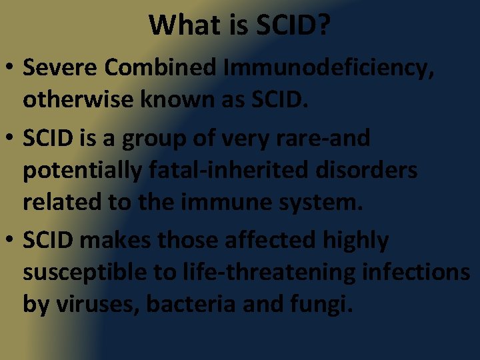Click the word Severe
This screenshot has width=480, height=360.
click(60, 68)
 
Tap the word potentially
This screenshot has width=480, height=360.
click(79, 171)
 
